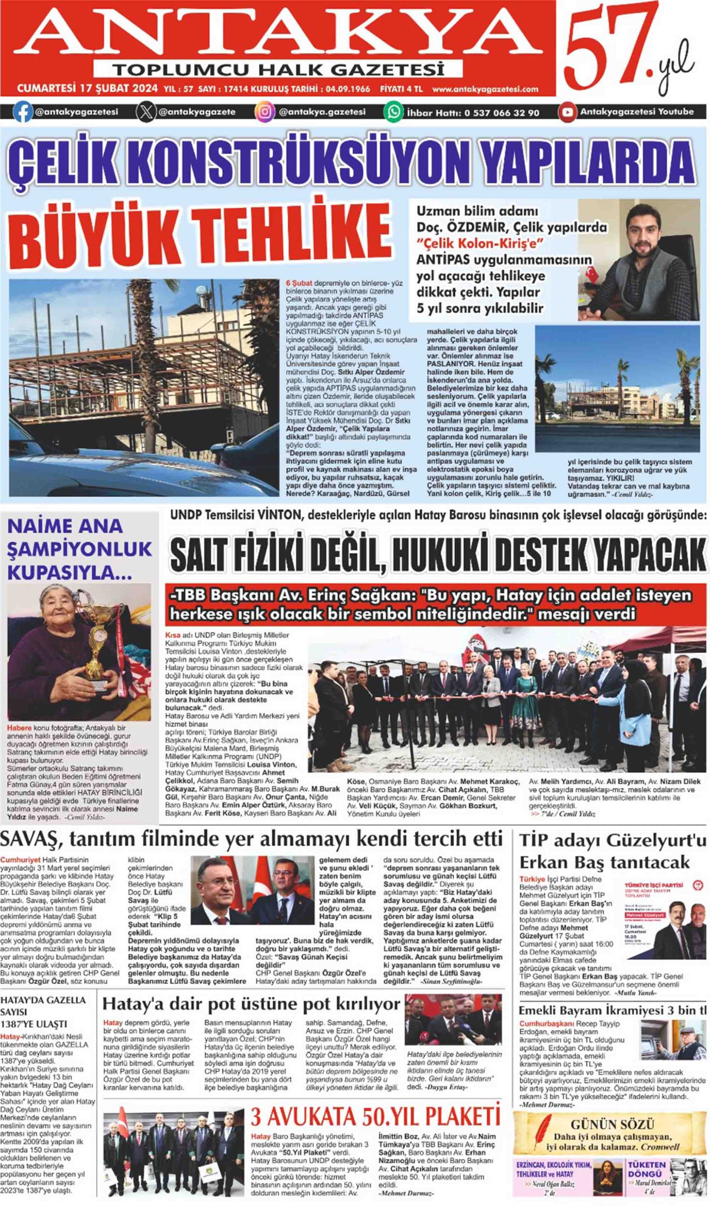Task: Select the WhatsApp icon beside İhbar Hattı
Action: (x=393, y=112)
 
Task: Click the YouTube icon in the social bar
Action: (x=567, y=112)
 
